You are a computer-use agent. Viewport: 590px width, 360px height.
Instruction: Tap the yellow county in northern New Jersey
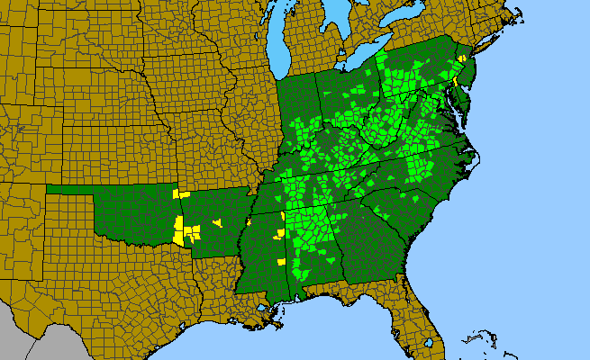pos(462,58)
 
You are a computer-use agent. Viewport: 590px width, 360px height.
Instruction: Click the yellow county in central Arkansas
pos(216,222)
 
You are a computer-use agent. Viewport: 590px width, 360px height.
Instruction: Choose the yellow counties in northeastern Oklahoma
pos(182,193)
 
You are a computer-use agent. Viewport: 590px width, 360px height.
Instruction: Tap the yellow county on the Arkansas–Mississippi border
pos(248,221)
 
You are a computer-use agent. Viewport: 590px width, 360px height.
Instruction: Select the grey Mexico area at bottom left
pos(36,346)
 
